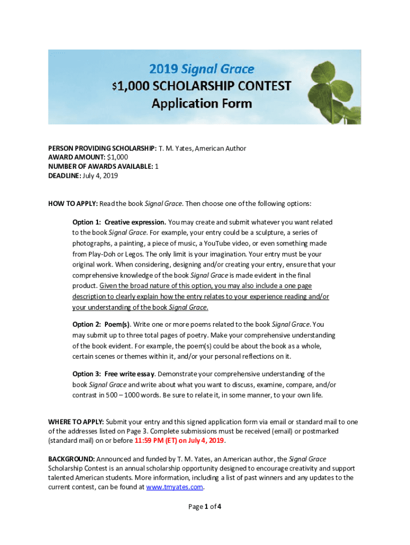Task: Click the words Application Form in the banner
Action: point(201,103)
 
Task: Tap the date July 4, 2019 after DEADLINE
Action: point(100,176)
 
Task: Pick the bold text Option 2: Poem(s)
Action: point(101,325)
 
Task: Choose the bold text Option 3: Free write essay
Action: point(114,374)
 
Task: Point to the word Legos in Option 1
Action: point(132,254)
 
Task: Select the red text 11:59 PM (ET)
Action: point(155,441)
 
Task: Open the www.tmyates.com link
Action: point(174,487)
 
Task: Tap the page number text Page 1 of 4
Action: point(205,507)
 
